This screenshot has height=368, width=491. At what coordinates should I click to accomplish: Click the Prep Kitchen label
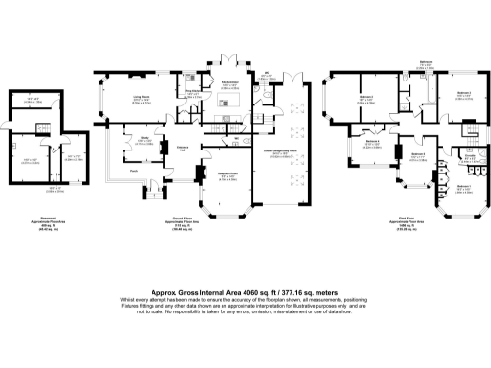click(x=193, y=92)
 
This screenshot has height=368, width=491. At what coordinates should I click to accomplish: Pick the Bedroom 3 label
click(x=418, y=154)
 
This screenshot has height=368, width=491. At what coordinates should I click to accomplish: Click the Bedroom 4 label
click(x=372, y=142)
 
